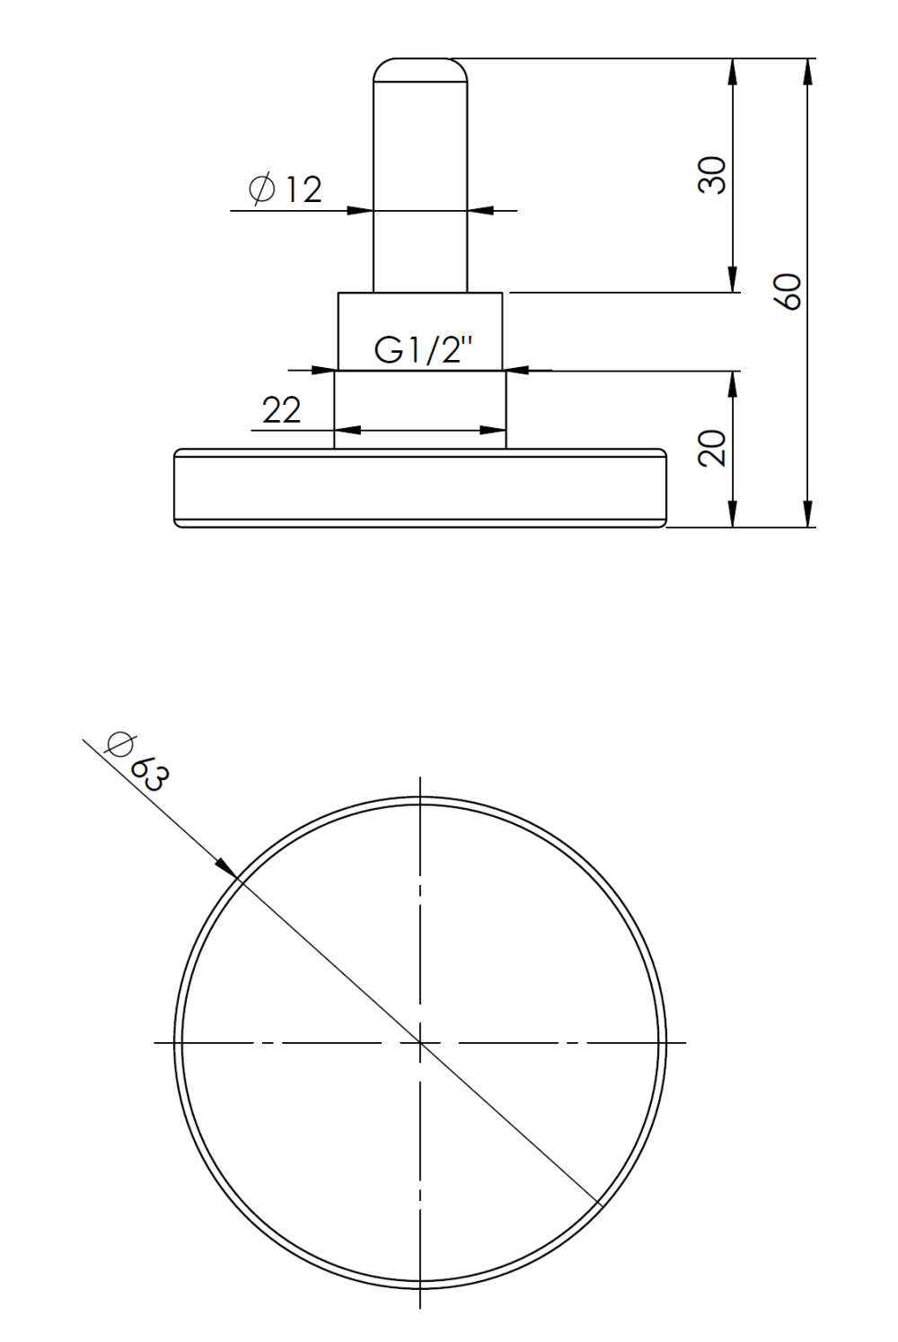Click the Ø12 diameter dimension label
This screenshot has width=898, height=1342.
click(x=286, y=189)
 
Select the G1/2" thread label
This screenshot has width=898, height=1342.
click(x=423, y=349)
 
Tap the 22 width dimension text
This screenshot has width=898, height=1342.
click(x=281, y=410)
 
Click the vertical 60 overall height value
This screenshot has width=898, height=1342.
click(x=788, y=292)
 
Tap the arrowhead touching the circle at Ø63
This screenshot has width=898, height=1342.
click(x=227, y=867)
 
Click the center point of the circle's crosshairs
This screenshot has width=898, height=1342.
click(x=420, y=1042)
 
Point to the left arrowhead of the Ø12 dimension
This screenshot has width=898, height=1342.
click(x=361, y=211)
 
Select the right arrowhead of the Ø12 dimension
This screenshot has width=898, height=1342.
click(x=480, y=211)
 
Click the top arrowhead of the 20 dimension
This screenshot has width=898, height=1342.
click(x=734, y=384)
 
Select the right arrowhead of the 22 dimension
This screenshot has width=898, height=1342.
click(x=494, y=431)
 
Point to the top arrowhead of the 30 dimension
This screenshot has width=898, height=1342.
click(x=734, y=72)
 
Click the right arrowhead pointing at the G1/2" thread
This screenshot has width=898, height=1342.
click(x=515, y=369)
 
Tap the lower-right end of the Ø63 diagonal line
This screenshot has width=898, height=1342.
click(x=597, y=1202)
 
